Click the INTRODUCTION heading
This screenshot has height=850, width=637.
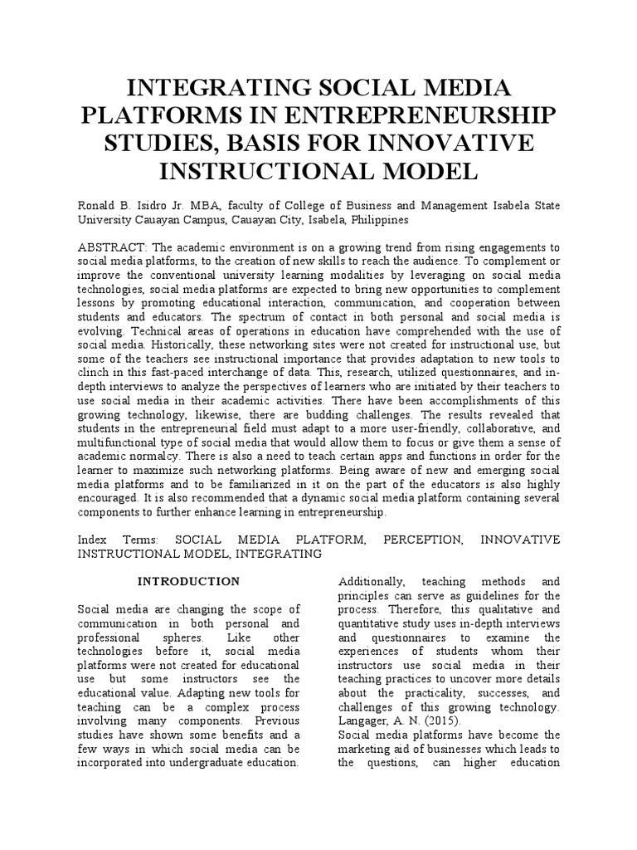pyautogui.click(x=188, y=581)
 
